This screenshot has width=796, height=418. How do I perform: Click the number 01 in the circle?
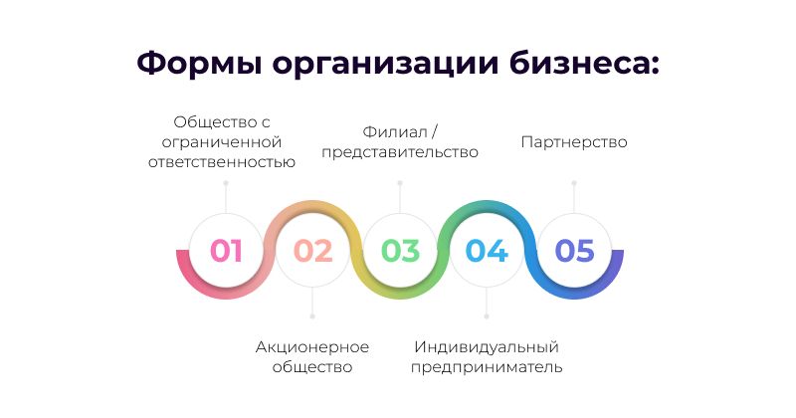pyautogui.click(x=226, y=251)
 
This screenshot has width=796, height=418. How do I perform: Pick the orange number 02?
pyautogui.click(x=312, y=251)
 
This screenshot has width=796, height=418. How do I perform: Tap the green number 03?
pyautogui.click(x=400, y=251)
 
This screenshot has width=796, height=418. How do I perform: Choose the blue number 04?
pyautogui.click(x=487, y=251)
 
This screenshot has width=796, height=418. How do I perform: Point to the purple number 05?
pyautogui.click(x=574, y=251)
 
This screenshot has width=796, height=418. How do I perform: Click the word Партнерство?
pyautogui.click(x=574, y=142)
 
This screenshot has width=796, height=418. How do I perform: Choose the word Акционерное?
pyautogui.click(x=312, y=347)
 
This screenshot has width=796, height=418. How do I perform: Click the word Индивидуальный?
pyautogui.click(x=487, y=347)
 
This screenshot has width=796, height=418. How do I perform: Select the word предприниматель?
pyautogui.click(x=487, y=367)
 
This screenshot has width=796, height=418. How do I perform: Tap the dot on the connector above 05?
pyautogui.click(x=574, y=183)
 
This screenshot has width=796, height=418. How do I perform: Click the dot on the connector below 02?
pyautogui.click(x=312, y=316)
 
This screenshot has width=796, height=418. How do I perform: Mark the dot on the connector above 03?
pyautogui.click(x=400, y=183)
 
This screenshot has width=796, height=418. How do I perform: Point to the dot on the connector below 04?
pyautogui.click(x=487, y=316)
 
